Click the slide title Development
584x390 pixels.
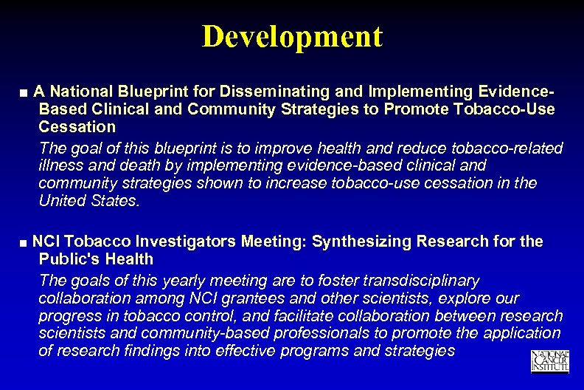[292, 36]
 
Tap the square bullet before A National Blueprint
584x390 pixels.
[25, 93]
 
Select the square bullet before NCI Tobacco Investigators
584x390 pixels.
[25, 242]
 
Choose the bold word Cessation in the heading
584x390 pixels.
[77, 126]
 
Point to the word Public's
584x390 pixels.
[68, 259]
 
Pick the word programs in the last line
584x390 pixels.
[325, 351]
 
